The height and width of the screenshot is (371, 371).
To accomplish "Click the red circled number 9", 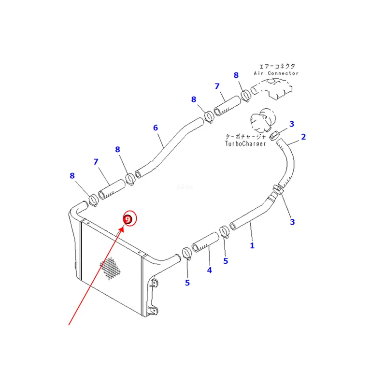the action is (x=128, y=219).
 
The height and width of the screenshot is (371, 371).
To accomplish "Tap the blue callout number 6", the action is (x=156, y=128).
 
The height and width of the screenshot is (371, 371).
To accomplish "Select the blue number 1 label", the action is (x=252, y=245).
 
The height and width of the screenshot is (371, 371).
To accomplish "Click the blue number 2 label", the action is (x=303, y=137).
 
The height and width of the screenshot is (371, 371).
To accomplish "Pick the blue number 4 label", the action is (x=209, y=270).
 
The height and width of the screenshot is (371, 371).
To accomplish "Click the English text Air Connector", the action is (x=276, y=73).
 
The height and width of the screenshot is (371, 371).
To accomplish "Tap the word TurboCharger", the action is (x=245, y=143).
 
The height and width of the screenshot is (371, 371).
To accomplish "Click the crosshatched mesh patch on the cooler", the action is (x=110, y=269).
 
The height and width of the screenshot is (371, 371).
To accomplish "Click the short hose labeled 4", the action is (x=205, y=242).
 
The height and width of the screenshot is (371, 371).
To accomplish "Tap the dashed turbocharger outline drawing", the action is (x=263, y=120).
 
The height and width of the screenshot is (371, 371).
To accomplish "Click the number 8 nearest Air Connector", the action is (x=236, y=75).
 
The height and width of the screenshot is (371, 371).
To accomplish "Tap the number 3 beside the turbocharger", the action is (x=292, y=124).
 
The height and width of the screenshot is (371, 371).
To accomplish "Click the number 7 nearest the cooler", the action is (x=96, y=162).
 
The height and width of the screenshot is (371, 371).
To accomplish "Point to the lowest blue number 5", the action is (x=187, y=283).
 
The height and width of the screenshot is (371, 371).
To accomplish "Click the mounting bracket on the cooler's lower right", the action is (x=152, y=296).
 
